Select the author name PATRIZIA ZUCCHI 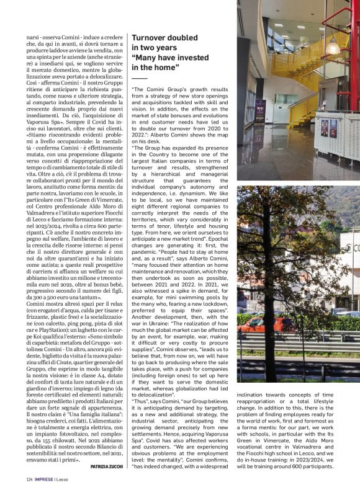[x=107, y=467]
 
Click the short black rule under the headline [x=140, y=78]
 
